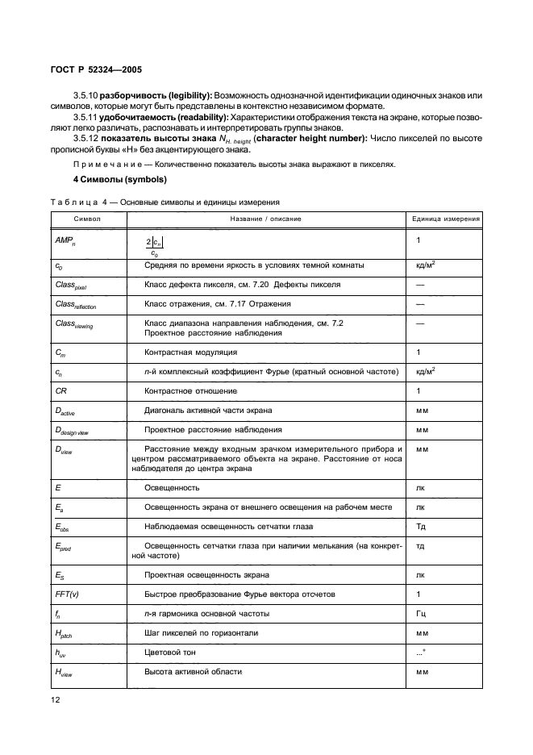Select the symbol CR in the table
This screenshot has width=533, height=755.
(60, 390)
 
